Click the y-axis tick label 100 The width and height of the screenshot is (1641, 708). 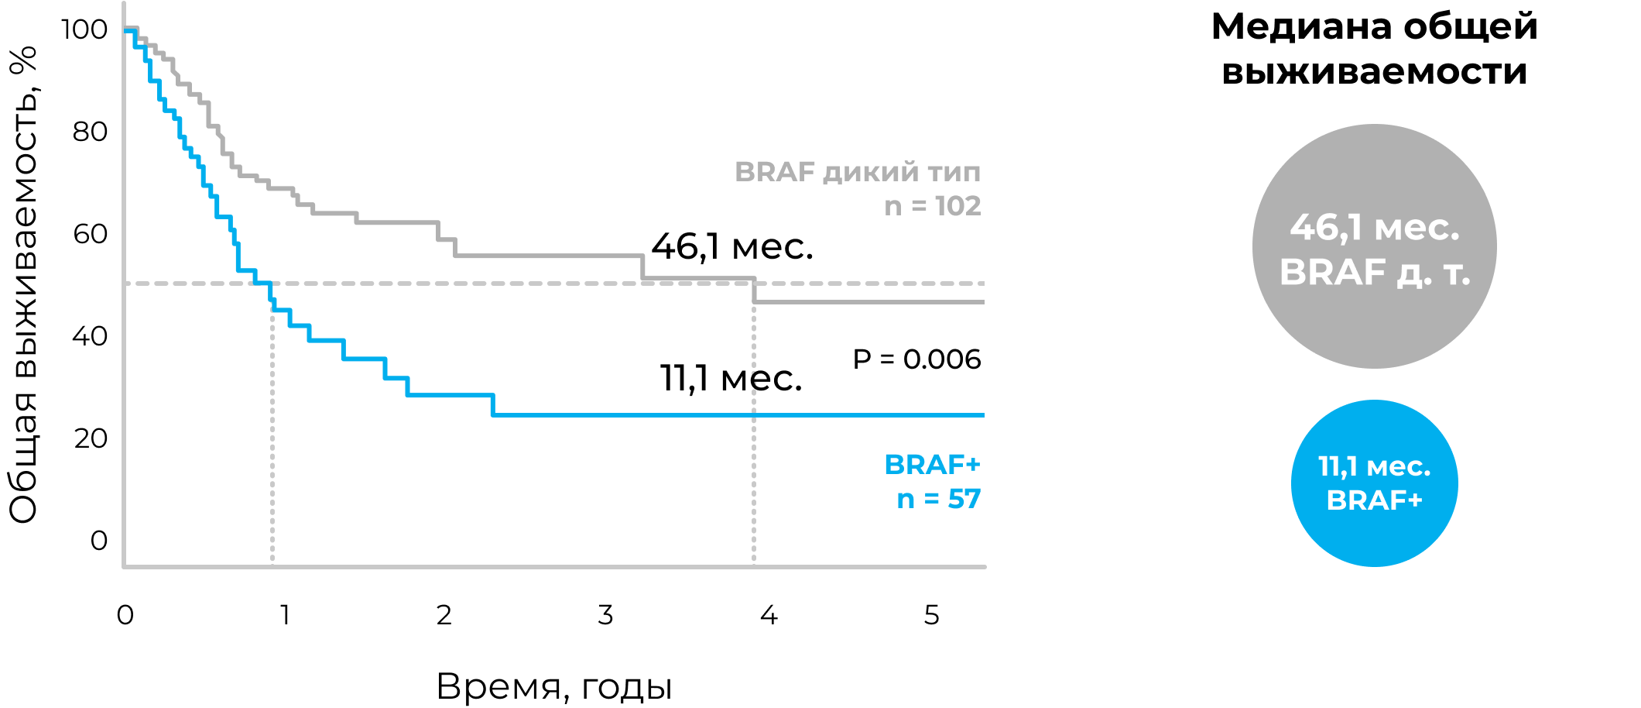(84, 30)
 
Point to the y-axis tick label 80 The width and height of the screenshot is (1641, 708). (90, 132)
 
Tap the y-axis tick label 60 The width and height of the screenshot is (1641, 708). (90, 235)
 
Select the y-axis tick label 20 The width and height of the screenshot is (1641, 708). (90, 439)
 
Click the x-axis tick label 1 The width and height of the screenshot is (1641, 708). (286, 615)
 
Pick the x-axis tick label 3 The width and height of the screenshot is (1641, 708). (605, 615)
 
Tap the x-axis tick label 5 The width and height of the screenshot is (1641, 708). (931, 615)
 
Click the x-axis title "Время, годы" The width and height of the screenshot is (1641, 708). (554, 686)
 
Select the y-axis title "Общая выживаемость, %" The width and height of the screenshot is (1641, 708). (23, 285)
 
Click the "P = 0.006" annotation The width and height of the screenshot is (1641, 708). (916, 359)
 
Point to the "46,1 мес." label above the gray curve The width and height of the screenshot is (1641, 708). (731, 247)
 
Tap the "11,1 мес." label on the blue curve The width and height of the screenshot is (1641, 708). (731, 379)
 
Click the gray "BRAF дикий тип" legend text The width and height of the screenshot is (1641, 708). (857, 172)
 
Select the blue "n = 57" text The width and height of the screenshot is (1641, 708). (938, 499)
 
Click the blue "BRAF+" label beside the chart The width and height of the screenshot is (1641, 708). (932, 465)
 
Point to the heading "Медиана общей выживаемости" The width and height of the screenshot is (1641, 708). (1374, 49)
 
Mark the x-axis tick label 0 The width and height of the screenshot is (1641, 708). (125, 615)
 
